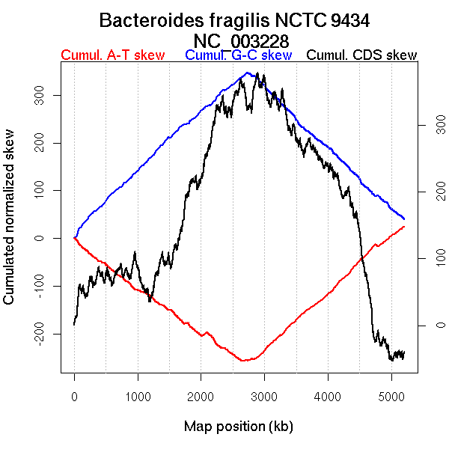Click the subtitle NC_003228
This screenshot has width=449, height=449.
click(241, 40)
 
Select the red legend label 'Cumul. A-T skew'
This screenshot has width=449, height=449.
click(113, 55)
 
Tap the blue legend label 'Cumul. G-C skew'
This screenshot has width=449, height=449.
click(238, 55)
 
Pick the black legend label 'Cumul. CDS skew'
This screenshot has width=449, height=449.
click(362, 55)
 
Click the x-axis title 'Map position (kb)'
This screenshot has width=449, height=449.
click(238, 427)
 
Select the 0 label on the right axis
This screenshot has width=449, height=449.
click(430, 325)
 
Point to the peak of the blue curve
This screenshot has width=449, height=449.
click(247, 73)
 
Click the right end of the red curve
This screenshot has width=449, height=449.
click(404, 226)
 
